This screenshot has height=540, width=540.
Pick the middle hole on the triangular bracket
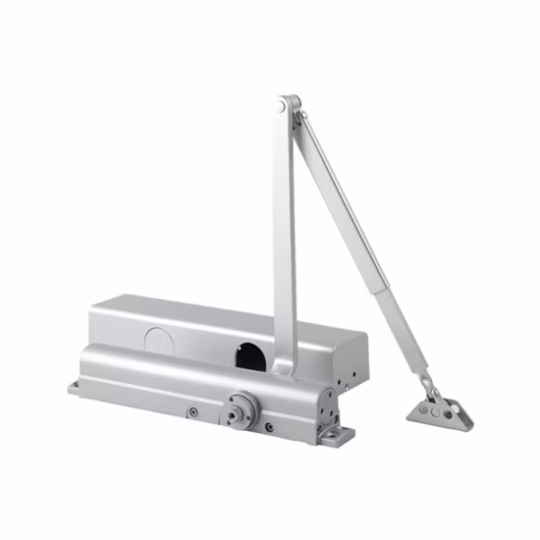point(440,409)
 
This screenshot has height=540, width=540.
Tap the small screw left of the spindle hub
point(194,411)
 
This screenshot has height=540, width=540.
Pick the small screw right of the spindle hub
point(267,426)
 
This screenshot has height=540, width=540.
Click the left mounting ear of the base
point(77,387)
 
